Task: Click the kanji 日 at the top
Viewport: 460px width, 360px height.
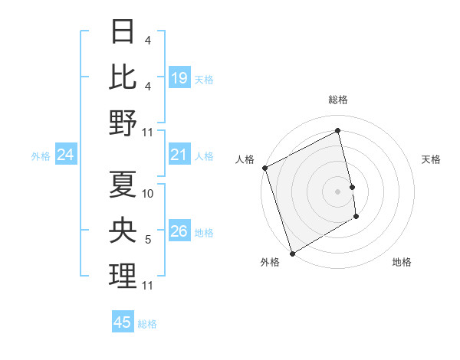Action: [123, 32]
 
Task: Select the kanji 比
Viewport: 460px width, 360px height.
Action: [123, 77]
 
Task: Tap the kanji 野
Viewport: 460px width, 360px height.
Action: [123, 123]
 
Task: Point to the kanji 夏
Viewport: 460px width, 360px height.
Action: [123, 184]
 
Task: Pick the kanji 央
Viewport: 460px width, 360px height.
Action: [123, 230]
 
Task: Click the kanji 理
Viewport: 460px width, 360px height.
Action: [123, 277]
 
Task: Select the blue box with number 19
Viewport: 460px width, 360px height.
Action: [179, 78]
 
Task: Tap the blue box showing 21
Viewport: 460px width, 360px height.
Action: [179, 155]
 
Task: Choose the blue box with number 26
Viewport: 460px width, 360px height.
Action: [179, 232]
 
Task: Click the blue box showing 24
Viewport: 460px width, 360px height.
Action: [66, 155]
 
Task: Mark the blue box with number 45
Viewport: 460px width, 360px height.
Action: [123, 322]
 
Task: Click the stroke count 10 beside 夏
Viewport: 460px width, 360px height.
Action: [149, 194]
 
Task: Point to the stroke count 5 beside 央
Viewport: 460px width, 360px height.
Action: [148, 241]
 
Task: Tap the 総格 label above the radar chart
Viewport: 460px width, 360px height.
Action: [338, 100]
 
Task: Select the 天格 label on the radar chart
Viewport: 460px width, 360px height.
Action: [431, 159]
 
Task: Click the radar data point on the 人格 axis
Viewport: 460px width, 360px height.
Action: [264, 168]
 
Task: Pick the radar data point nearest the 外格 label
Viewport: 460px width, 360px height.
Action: [292, 254]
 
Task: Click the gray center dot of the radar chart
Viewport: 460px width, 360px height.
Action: [338, 191]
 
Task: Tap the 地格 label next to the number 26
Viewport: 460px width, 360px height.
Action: [205, 233]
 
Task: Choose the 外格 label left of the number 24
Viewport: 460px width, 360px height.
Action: [41, 156]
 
